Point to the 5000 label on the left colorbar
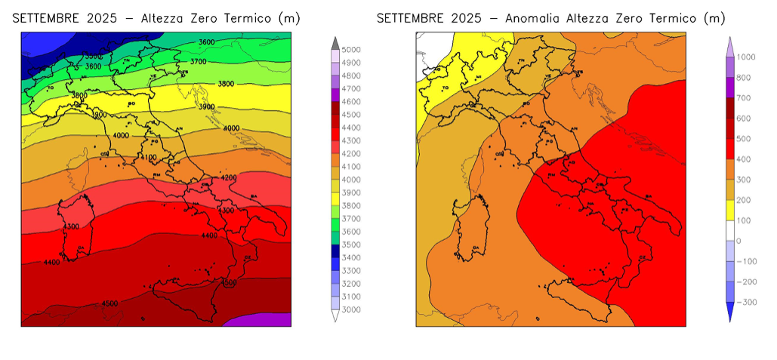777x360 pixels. pos(350,50)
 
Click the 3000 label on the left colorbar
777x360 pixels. pos(350,309)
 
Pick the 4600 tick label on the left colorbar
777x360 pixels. pos(350,101)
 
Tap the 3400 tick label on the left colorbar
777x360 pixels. pos(350,257)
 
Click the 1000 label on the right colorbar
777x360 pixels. pos(746,57)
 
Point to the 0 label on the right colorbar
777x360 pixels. pos(738,241)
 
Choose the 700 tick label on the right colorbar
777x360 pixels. pos(744,98)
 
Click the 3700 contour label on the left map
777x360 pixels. pos(199,61)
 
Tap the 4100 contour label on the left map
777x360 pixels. pos(148,158)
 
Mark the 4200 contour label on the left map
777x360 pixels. pos(228,177)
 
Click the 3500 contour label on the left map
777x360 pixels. pos(92,57)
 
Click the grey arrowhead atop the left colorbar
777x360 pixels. pos(335,42)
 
